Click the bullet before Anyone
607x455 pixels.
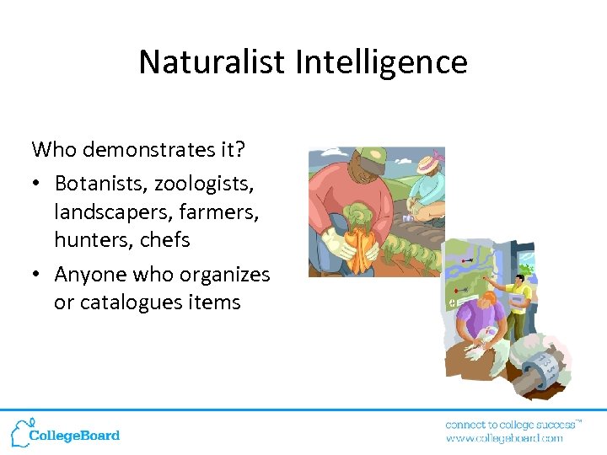tap(38, 275)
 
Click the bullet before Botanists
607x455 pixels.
tap(38, 183)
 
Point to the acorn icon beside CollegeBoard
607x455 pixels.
tap(20, 431)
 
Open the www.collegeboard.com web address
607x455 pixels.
tap(504, 438)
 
